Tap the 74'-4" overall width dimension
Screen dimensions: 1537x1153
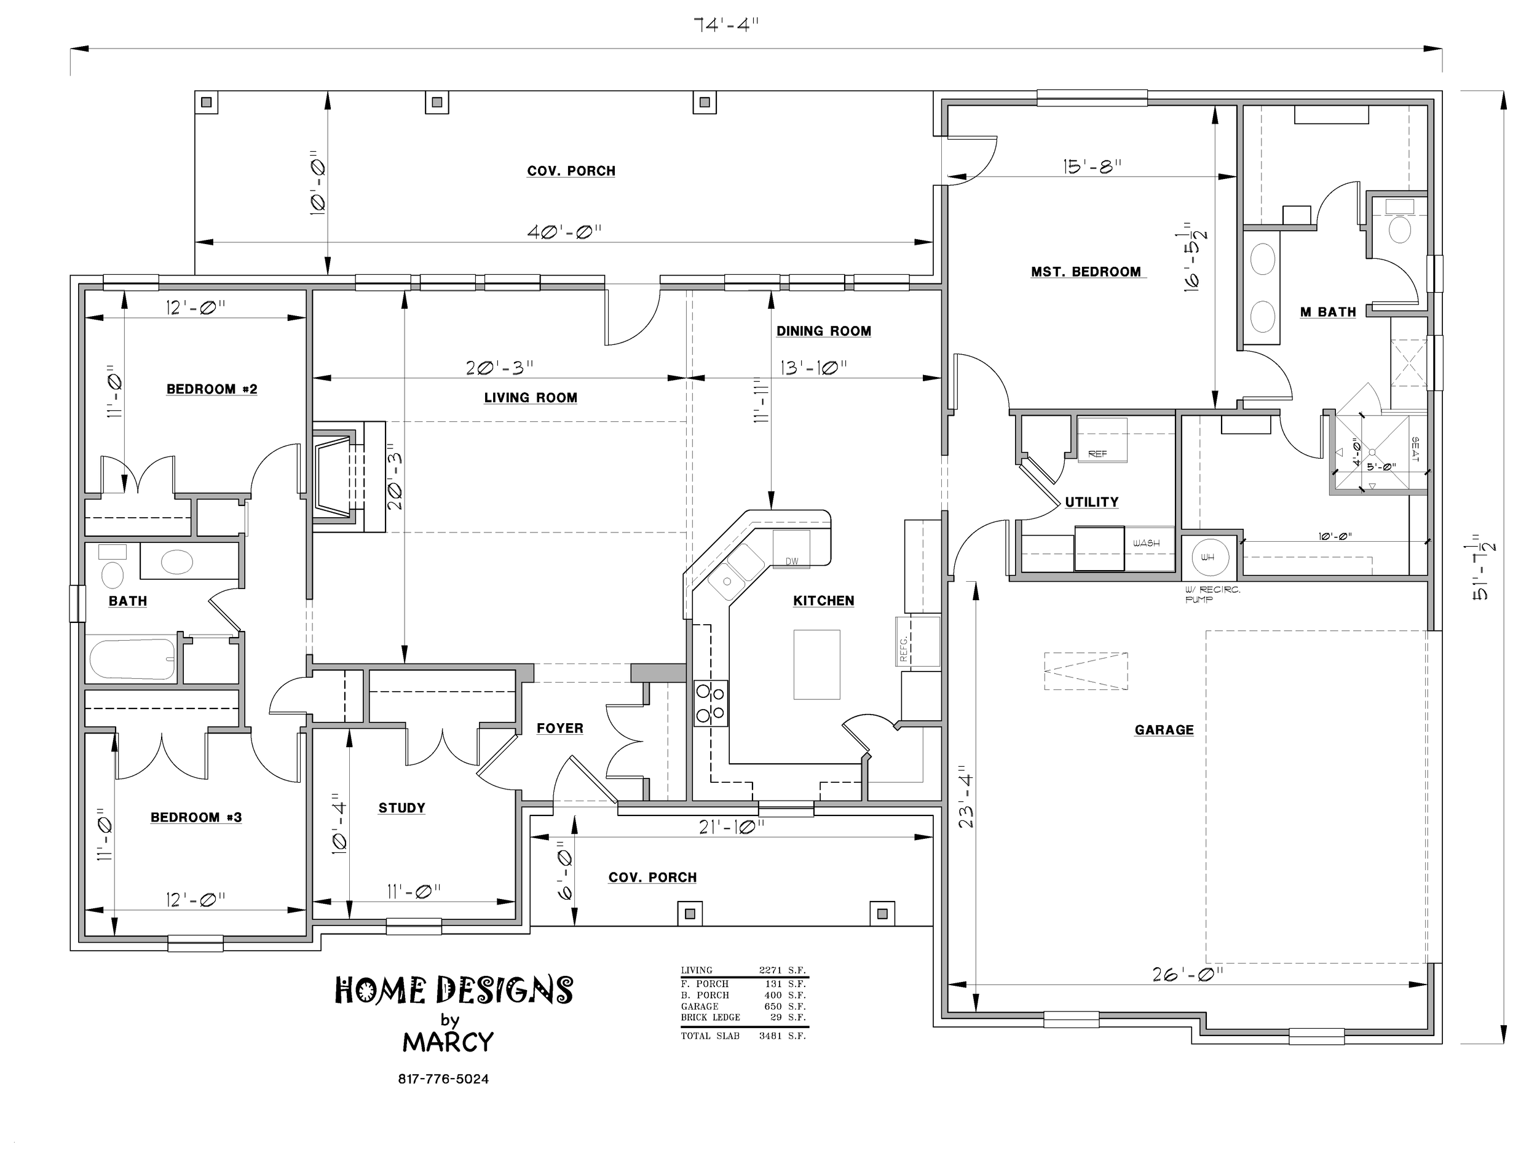tap(726, 26)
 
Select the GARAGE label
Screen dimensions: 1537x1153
tap(1164, 730)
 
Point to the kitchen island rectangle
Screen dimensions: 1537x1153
tap(816, 664)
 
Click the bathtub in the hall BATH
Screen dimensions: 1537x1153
tap(132, 659)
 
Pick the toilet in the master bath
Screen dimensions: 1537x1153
tap(1399, 223)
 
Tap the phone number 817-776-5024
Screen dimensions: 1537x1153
tap(443, 1079)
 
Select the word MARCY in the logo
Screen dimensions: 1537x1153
tap(448, 1042)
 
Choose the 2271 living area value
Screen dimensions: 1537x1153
tap(770, 970)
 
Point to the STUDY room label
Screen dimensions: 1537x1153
tap(401, 807)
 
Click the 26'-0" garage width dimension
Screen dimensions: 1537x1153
tap(1188, 975)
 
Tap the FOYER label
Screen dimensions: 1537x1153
tap(560, 728)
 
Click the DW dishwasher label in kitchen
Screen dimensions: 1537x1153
tap(791, 561)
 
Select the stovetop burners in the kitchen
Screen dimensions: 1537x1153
tap(711, 703)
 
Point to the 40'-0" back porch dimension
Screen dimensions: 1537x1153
tap(564, 231)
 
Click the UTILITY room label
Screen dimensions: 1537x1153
tap(1092, 502)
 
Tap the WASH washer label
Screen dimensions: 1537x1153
tap(1146, 543)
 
